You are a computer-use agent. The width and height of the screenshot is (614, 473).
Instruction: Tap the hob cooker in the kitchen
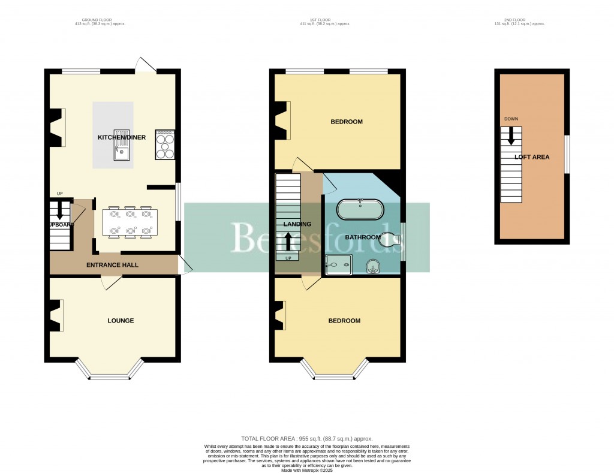click(165, 144)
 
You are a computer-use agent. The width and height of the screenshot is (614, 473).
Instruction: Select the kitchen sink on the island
click(122, 146)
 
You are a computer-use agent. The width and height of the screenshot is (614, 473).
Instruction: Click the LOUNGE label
click(121, 321)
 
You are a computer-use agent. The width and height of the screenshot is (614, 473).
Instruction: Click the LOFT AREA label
click(532, 157)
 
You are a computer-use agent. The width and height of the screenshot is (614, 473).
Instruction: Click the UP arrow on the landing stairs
click(287, 241)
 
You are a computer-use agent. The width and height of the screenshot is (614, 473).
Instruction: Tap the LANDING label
click(297, 224)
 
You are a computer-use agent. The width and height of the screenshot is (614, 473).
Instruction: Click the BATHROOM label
click(362, 237)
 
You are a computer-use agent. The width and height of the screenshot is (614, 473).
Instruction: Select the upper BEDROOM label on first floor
click(347, 122)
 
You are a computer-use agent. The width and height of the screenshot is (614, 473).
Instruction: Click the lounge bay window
click(110, 377)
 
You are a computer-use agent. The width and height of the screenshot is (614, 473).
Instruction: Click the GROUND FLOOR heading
click(100, 20)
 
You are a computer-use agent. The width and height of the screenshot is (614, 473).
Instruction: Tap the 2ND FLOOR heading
click(520, 20)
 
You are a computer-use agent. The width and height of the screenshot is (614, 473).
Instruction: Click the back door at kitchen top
click(146, 65)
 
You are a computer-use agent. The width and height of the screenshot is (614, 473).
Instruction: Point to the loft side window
click(568, 155)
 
